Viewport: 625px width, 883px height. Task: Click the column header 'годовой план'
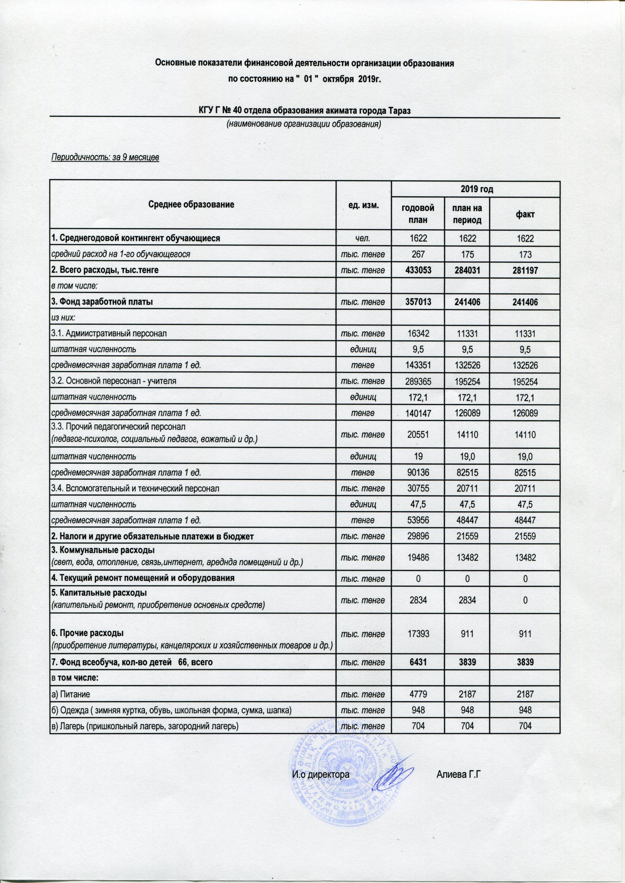point(418,214)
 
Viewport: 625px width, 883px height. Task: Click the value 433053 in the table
point(418,270)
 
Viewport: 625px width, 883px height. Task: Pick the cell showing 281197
point(525,270)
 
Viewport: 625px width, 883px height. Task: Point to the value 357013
point(418,302)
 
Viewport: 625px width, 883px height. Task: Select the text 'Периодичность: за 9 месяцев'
point(105,158)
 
